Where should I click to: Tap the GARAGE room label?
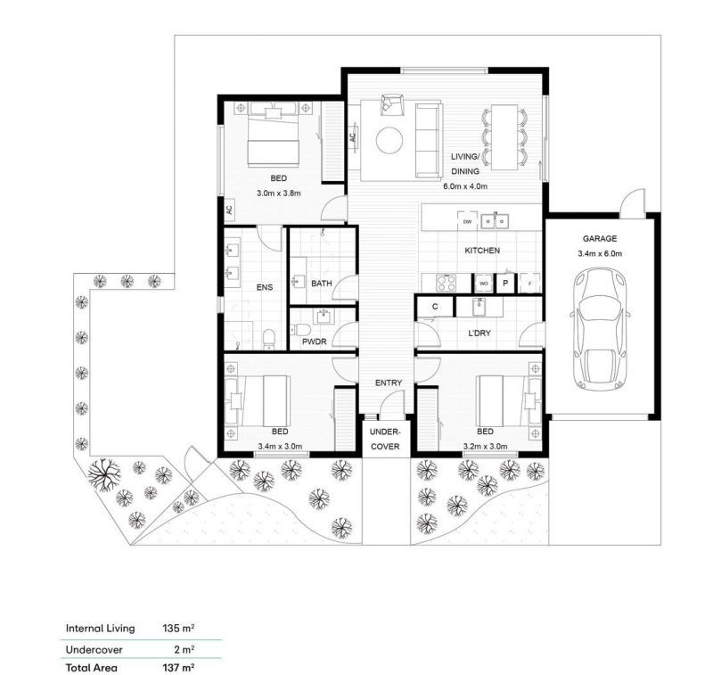point(602,239)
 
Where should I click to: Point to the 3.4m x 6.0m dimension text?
point(602,253)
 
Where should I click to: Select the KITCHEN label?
point(481,251)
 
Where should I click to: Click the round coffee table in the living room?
point(389,140)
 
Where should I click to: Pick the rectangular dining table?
point(505,136)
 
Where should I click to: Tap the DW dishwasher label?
point(465,221)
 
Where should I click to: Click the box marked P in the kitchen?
point(505,283)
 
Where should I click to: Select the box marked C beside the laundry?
point(435,307)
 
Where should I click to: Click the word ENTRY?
point(389,383)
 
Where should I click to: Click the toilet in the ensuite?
point(268,337)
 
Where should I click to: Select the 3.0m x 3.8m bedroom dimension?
point(280,193)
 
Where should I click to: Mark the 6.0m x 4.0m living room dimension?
point(466,187)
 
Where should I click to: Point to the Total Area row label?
point(92,666)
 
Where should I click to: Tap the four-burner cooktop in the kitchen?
point(446,282)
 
